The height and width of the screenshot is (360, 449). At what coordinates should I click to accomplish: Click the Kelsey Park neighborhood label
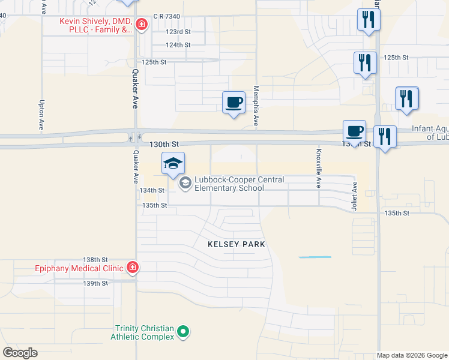click(236, 244)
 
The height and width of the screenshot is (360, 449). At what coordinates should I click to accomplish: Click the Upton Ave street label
click(42, 115)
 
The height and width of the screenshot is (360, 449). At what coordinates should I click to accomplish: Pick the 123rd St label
click(178, 31)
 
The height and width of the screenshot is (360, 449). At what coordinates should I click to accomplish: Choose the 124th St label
click(178, 45)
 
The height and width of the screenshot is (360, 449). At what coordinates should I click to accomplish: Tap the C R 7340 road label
click(166, 17)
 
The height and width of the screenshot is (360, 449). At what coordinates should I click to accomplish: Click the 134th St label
click(152, 190)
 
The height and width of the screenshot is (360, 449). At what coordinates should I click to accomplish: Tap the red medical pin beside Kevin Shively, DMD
click(142, 25)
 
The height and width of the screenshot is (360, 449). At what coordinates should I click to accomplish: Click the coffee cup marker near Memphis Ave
click(234, 102)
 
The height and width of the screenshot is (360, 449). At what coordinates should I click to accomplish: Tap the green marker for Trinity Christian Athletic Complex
click(185, 331)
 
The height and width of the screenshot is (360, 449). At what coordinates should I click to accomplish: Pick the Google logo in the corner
click(20, 353)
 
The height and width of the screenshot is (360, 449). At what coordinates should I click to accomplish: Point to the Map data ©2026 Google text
click(412, 355)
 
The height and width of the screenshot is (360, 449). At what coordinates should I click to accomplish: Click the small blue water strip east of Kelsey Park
click(315, 257)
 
